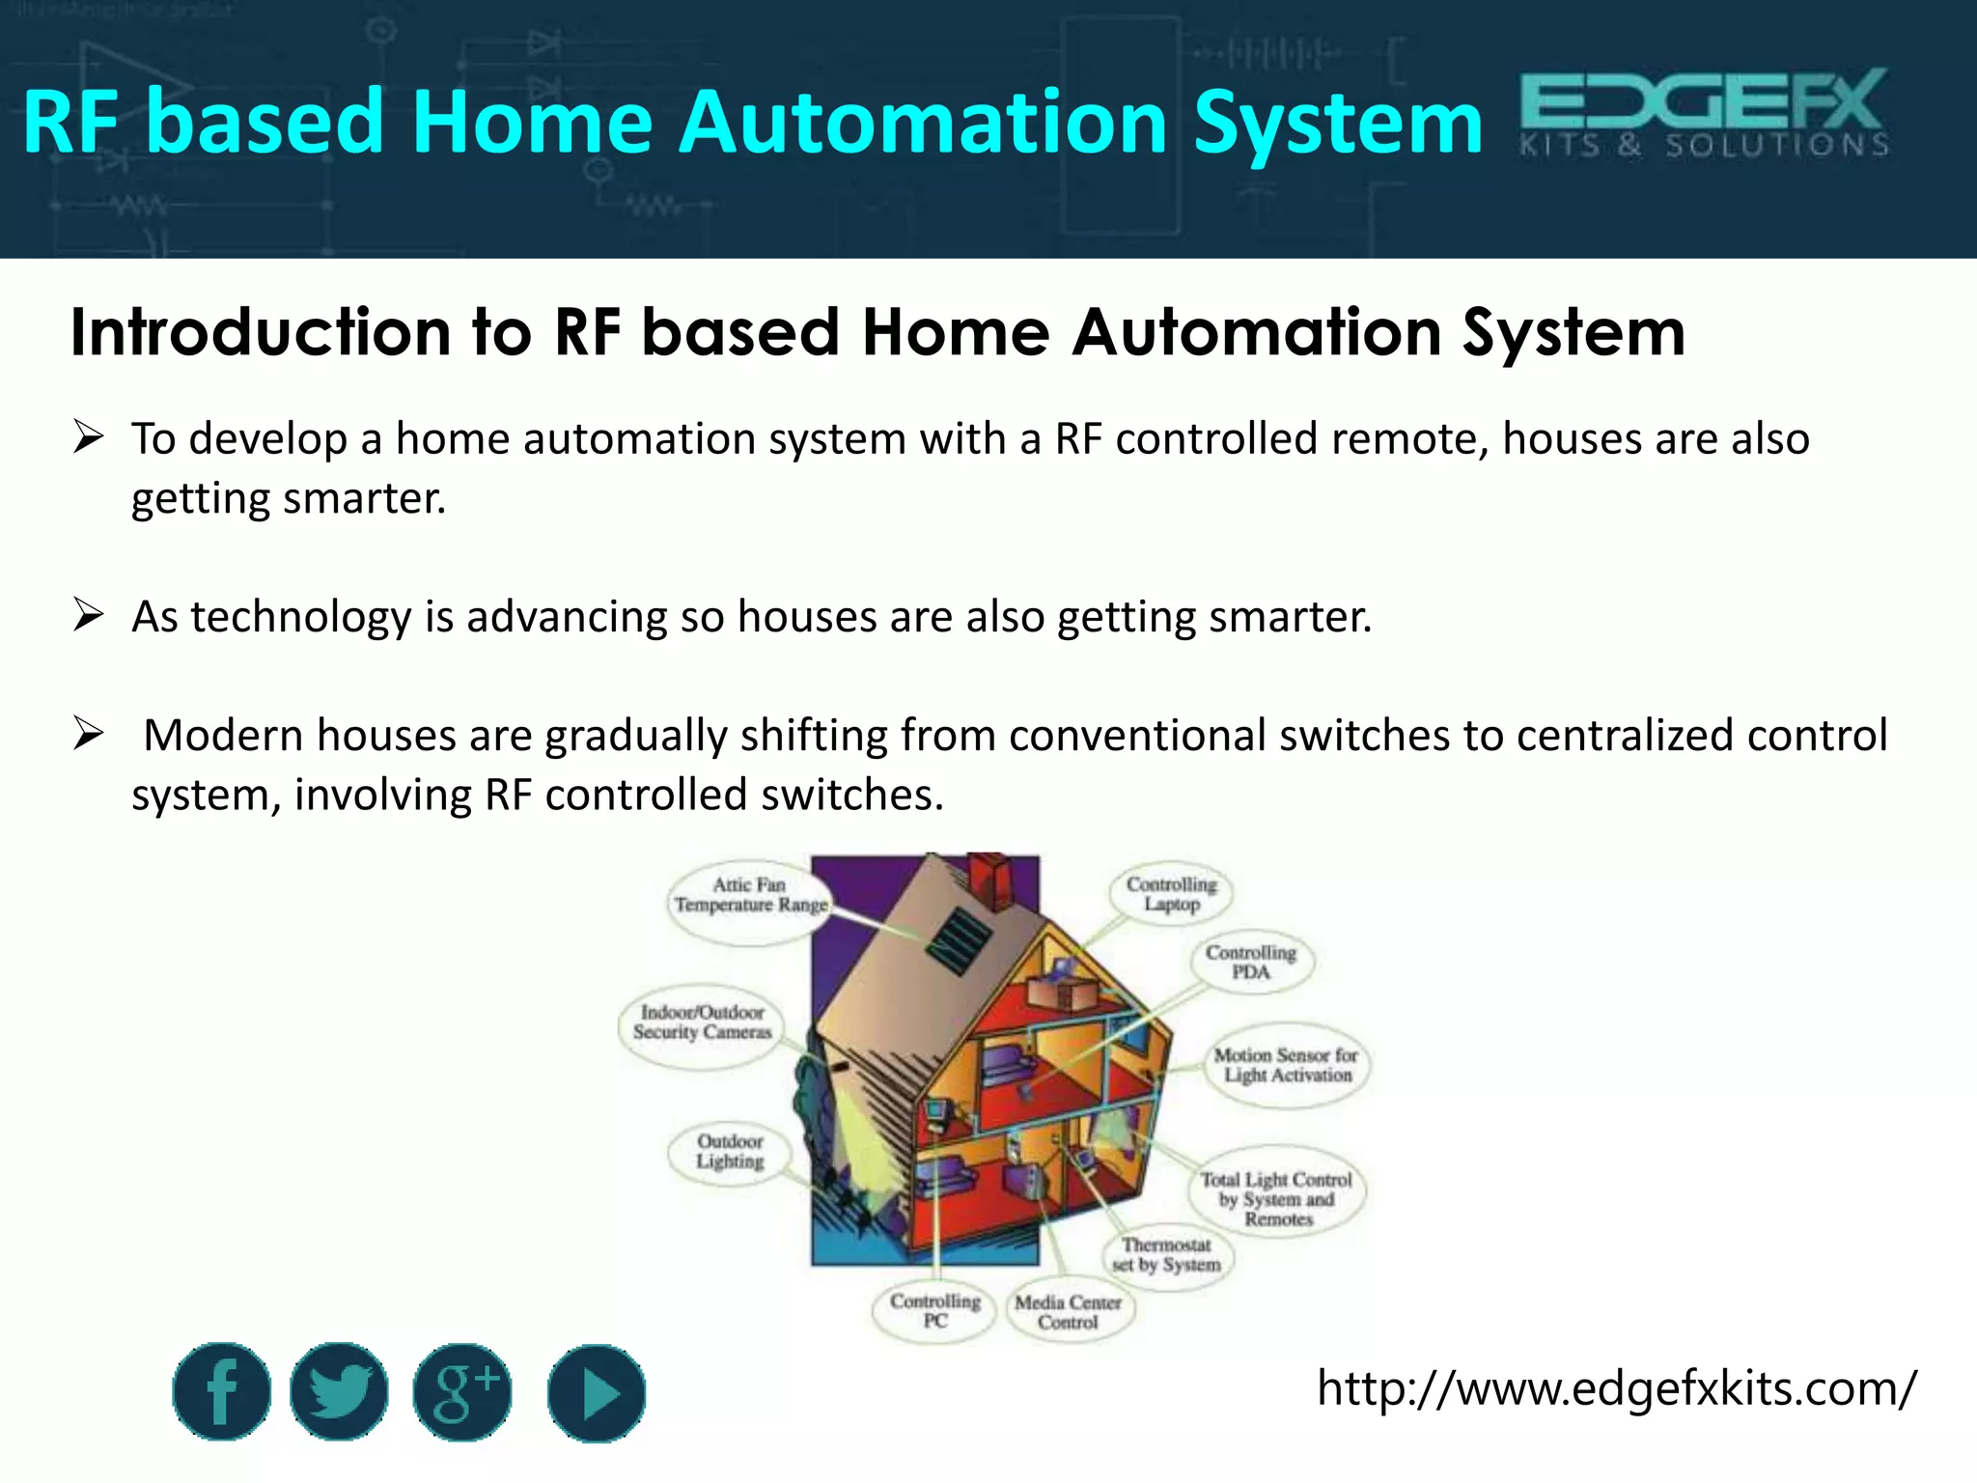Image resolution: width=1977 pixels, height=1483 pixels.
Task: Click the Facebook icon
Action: click(x=222, y=1391)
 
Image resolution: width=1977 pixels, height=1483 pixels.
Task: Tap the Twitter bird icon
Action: click(x=339, y=1391)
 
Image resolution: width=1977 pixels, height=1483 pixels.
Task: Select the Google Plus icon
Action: click(x=462, y=1391)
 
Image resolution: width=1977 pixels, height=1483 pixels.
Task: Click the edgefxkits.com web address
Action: click(x=1616, y=1389)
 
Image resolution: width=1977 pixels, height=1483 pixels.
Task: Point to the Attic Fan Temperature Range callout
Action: click(x=750, y=895)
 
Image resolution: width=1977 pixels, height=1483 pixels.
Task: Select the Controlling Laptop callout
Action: click(x=1172, y=894)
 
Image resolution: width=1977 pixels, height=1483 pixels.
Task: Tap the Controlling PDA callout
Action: click(x=1251, y=962)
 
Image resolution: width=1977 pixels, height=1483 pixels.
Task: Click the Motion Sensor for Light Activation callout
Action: click(x=1286, y=1065)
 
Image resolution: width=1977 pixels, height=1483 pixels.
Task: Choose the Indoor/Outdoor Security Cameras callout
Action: click(x=702, y=1022)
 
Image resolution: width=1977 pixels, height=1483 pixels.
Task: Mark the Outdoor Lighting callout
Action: click(x=730, y=1152)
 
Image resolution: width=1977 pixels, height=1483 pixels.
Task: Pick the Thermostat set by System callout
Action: click(x=1166, y=1255)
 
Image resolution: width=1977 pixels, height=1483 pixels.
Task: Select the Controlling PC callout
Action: click(x=934, y=1311)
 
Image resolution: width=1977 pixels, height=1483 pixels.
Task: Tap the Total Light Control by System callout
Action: click(x=1277, y=1199)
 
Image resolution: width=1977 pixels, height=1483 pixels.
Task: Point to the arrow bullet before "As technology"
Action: click(x=88, y=615)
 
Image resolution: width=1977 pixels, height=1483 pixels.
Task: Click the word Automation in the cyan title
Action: click(x=923, y=123)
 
